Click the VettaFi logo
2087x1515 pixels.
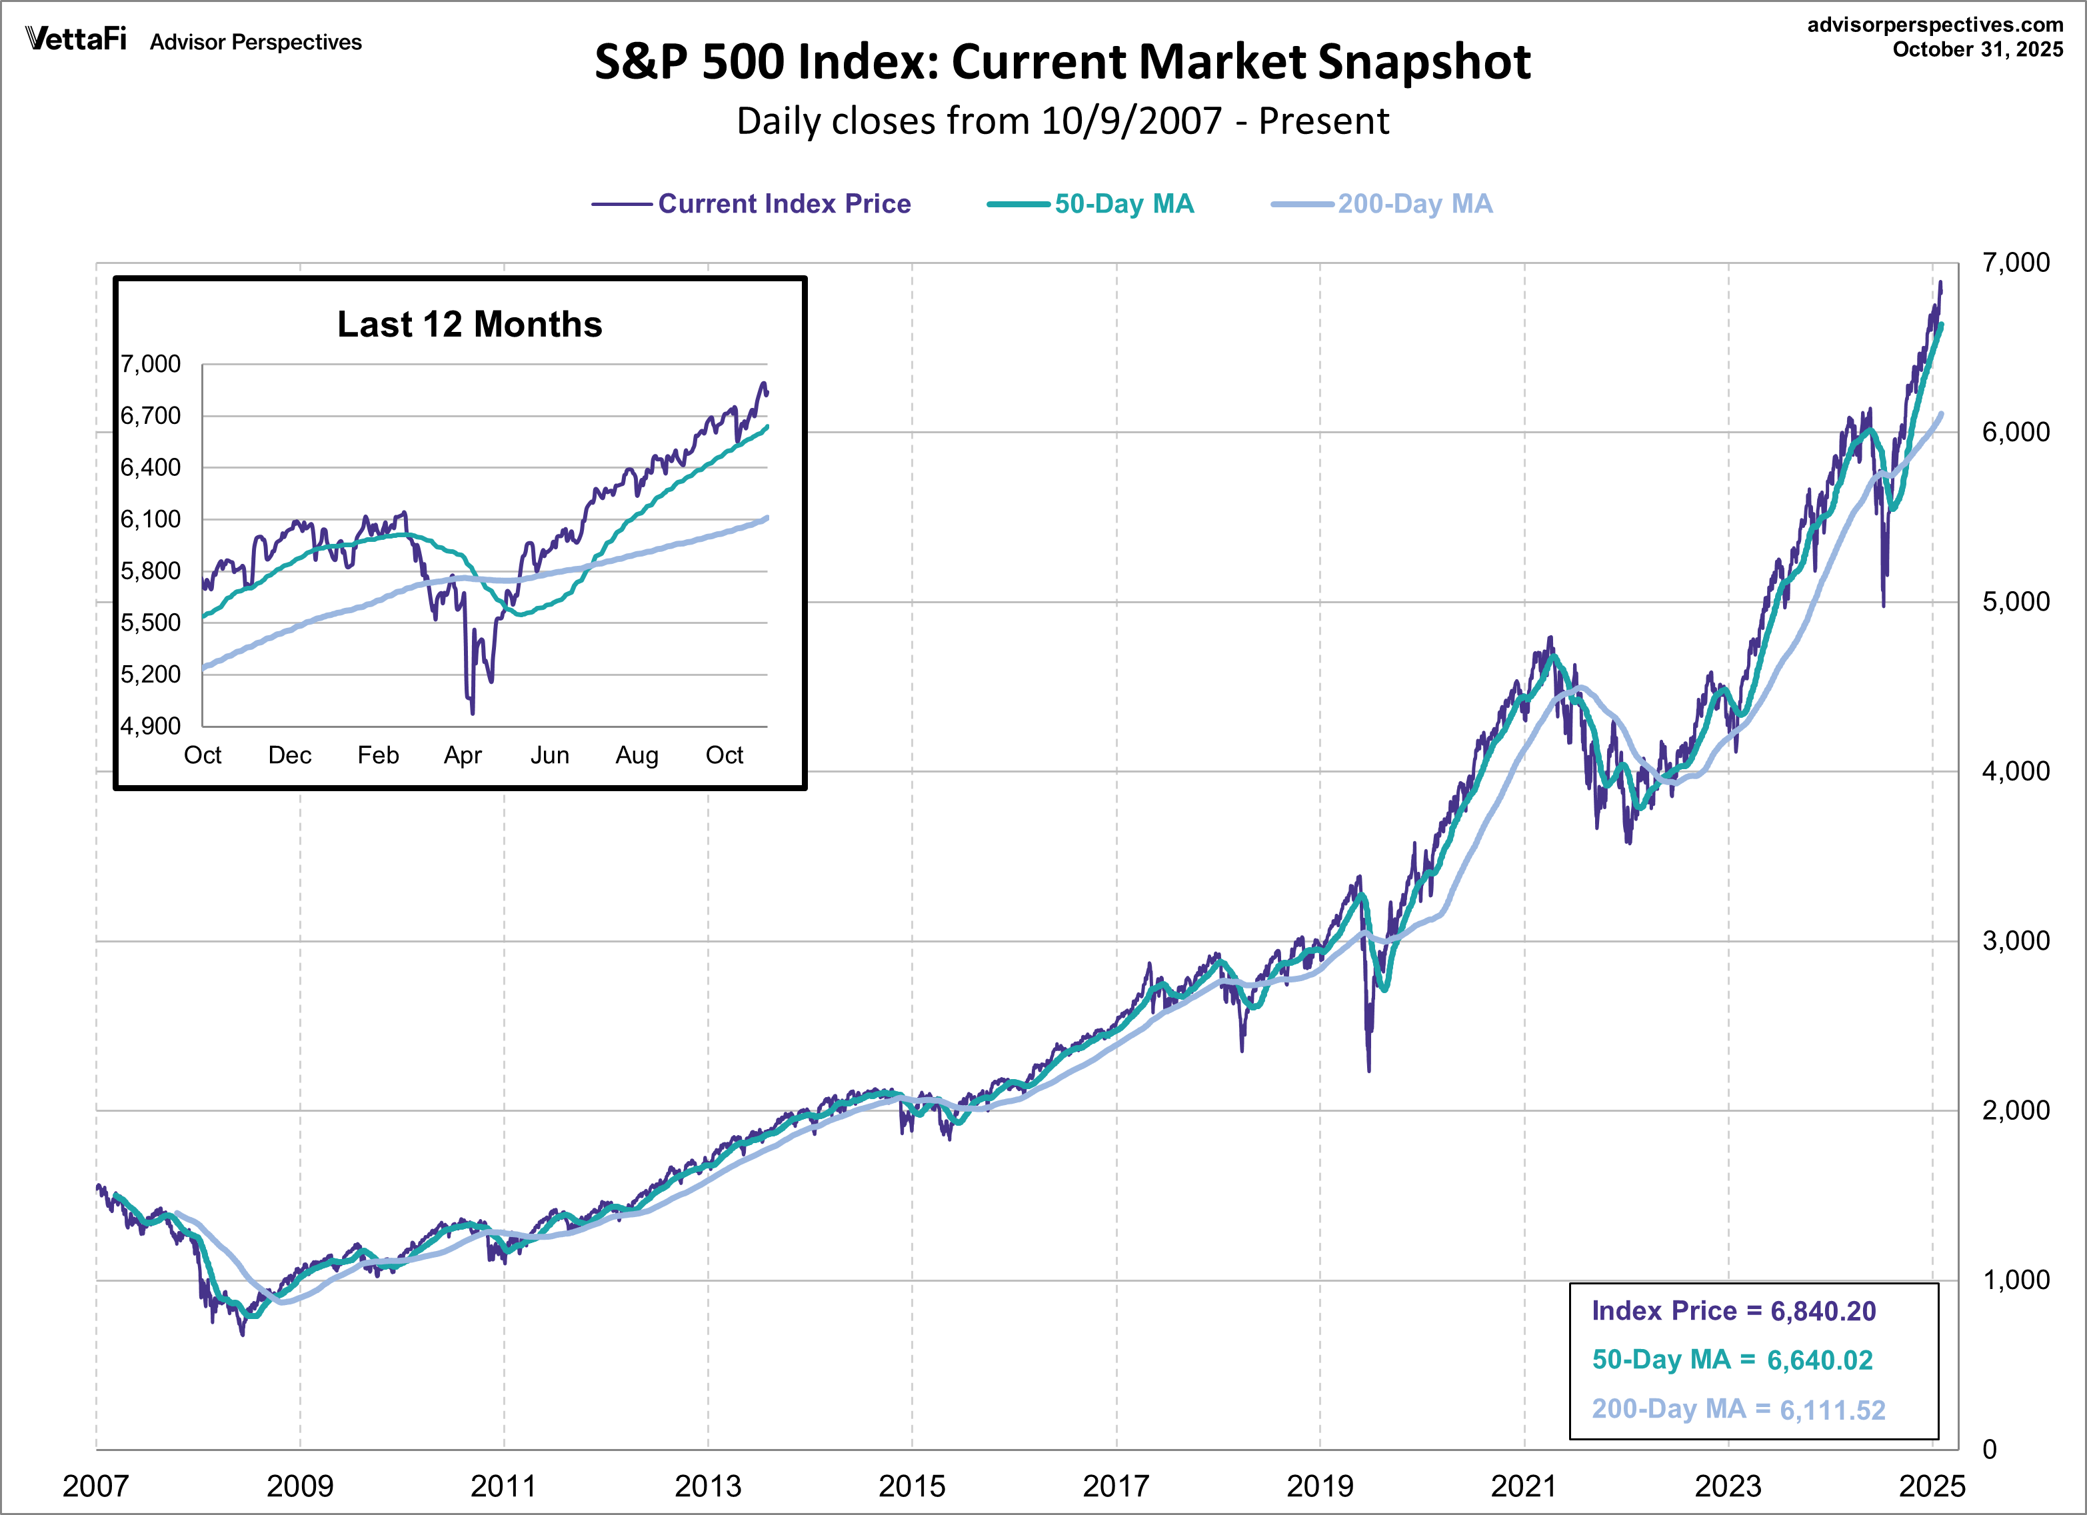pos(75,39)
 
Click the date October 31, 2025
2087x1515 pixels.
pos(1978,50)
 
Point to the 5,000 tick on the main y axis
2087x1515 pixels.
pos(2015,602)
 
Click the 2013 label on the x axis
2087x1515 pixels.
pos(708,1486)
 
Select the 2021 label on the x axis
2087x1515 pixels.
pos(1523,1486)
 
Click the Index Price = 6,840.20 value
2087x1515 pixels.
pos(1733,1310)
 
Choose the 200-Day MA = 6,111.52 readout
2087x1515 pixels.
pos(1738,1409)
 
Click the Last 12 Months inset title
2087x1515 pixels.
pos(469,324)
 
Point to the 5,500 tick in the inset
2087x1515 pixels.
pos(151,623)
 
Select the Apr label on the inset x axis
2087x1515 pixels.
pos(463,756)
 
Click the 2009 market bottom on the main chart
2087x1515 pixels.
pos(243,1334)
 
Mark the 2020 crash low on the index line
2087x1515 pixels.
pos(1368,1070)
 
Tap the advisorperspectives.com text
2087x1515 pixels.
pos(1934,25)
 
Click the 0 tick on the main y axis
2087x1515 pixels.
pos(1990,1450)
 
